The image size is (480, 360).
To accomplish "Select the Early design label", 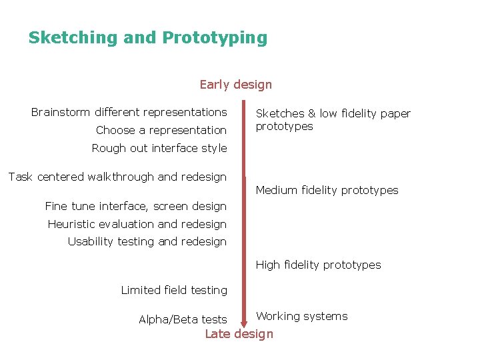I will pos(236,85).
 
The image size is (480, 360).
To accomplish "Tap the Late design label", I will pos(239,334).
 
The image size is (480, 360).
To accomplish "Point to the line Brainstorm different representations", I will pos(129,112).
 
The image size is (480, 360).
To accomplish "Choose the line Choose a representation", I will pos(161,130).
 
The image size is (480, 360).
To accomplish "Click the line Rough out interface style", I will pos(159,148).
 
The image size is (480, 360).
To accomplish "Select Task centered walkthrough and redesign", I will pos(117,177).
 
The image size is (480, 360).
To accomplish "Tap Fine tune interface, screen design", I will pos(136,206).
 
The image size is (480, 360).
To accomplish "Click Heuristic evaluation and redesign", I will pos(137,224).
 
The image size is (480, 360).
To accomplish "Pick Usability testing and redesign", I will pos(147,241).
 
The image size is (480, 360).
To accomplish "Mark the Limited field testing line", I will pos(174,290).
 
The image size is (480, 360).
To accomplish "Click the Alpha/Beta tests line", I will pos(183,319).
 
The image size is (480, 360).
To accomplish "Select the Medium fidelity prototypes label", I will pos(327,190).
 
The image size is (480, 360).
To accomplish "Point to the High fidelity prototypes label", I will pos(318,265).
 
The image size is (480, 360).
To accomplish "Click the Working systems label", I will pos(302,316).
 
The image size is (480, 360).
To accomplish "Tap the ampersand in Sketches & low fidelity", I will pos(311,114).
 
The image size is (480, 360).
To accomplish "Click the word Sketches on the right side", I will pos(280,114).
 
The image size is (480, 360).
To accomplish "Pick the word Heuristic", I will pos(73,224).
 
